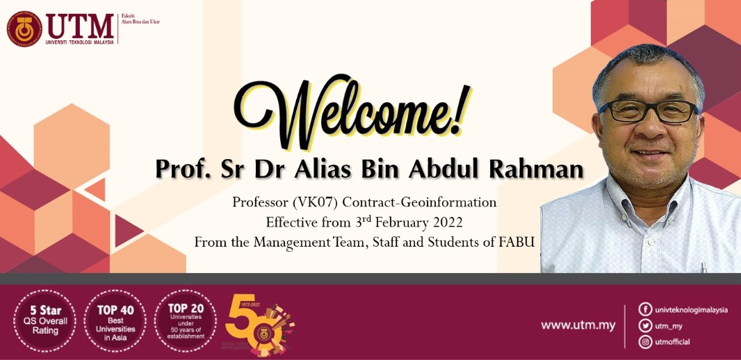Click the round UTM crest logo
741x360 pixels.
[25, 28]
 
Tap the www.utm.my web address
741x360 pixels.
[578, 325]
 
